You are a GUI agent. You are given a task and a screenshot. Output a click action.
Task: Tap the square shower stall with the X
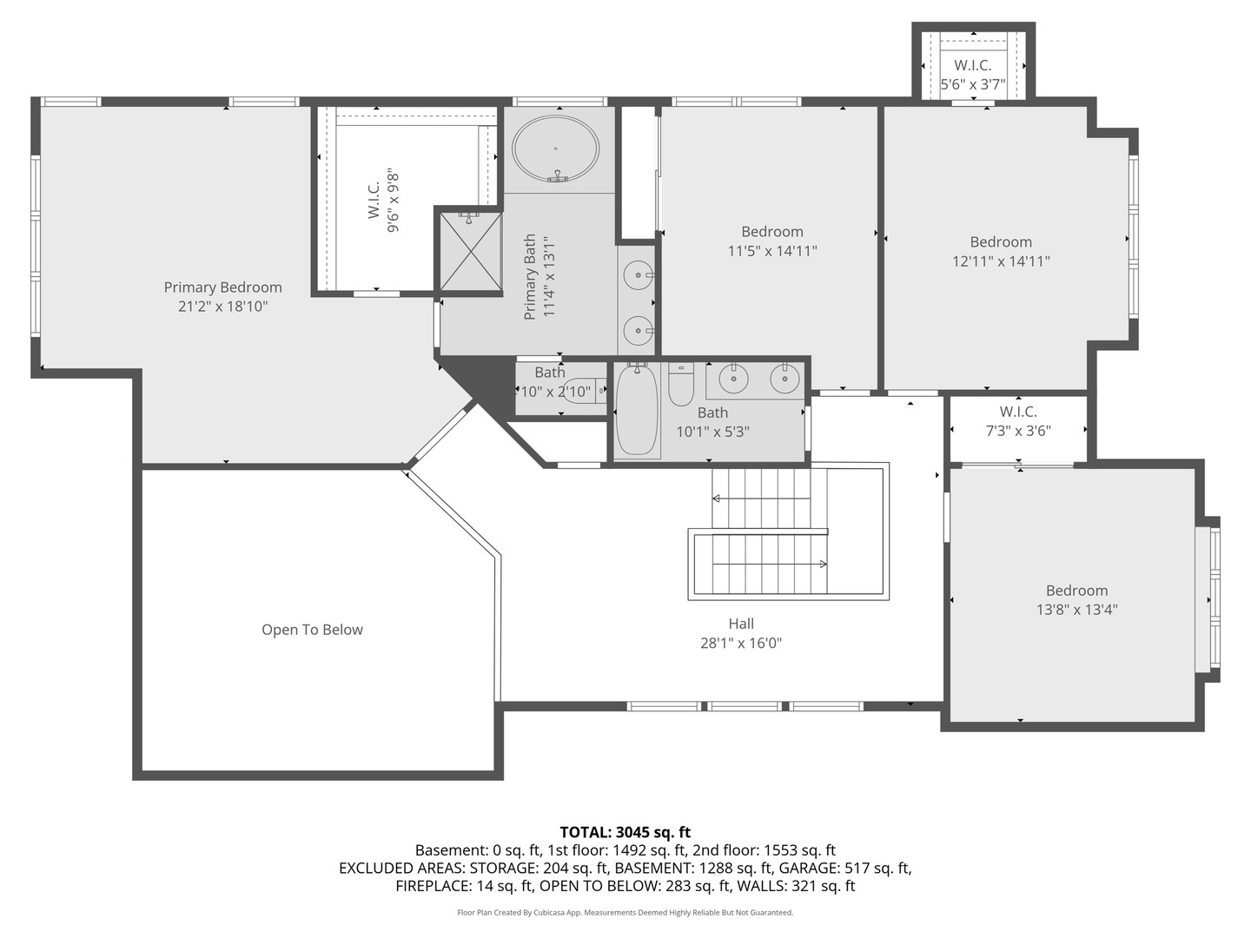point(469,250)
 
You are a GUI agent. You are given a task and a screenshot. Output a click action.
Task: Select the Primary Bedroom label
point(222,287)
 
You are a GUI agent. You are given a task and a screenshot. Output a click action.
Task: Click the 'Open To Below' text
point(312,630)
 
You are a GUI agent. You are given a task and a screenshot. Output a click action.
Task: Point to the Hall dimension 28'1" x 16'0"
point(741,644)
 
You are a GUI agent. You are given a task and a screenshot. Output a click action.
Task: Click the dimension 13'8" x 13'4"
point(1076,610)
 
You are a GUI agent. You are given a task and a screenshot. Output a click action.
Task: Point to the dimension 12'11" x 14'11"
point(1001,261)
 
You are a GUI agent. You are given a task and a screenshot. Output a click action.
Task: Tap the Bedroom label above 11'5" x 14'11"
point(771,232)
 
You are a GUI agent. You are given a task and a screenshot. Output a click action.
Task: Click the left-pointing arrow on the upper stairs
point(718,499)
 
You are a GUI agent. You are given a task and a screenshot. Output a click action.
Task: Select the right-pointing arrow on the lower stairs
point(821,564)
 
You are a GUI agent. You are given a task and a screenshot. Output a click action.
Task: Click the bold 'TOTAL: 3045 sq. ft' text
point(625,832)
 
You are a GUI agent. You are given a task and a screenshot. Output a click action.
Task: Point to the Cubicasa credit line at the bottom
point(625,913)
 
